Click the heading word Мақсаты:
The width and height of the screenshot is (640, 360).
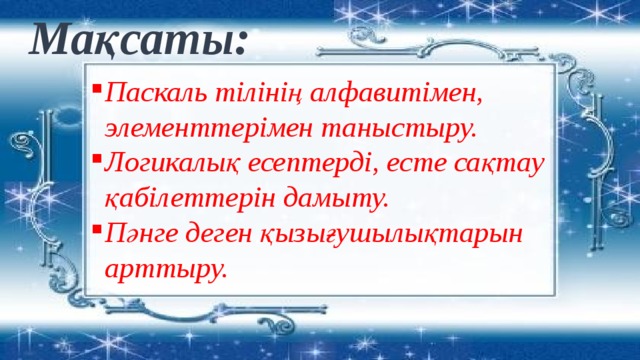tap(140, 40)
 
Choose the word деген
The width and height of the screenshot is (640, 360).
tap(222, 234)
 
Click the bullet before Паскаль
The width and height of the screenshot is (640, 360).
tap(93, 88)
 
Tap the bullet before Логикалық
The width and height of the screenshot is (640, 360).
tap(93, 158)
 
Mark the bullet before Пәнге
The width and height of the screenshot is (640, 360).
tap(93, 228)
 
